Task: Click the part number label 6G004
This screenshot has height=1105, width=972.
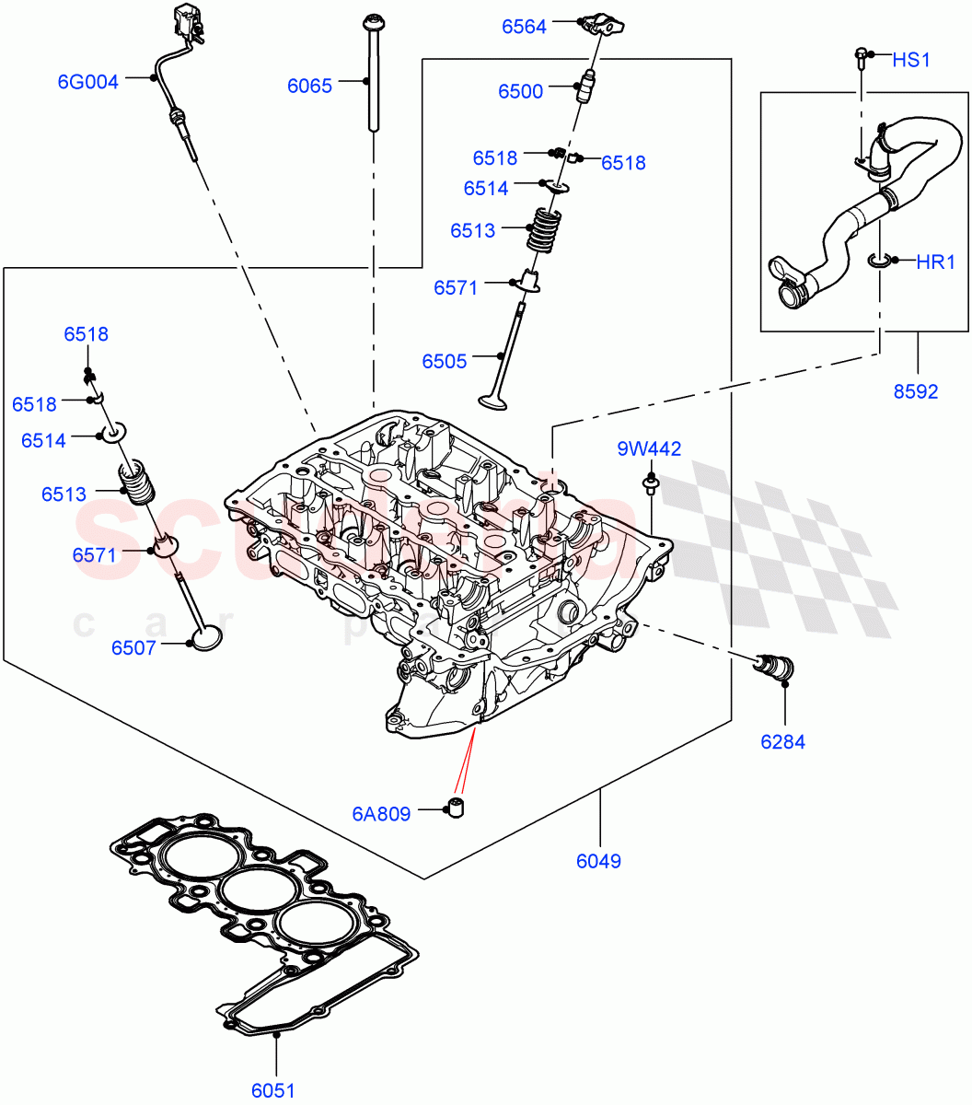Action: click(87, 82)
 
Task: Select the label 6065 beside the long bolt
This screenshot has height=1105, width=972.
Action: click(309, 87)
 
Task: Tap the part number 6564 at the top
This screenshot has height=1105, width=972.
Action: click(524, 27)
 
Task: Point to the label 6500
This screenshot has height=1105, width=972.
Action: click(521, 91)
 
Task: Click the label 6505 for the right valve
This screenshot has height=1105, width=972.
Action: click(445, 361)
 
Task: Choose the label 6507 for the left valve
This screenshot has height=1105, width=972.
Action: click(133, 647)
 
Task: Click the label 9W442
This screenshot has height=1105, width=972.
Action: click(649, 448)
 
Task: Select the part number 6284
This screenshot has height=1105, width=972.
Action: click(782, 741)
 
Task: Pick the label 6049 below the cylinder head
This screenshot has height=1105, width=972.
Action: click(598, 861)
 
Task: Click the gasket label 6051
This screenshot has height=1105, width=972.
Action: click(273, 1090)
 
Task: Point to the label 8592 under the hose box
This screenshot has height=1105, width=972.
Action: click(915, 391)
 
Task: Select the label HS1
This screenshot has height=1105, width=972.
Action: click(911, 60)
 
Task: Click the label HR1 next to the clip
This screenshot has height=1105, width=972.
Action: click(935, 262)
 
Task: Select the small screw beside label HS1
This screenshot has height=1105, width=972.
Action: click(861, 57)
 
